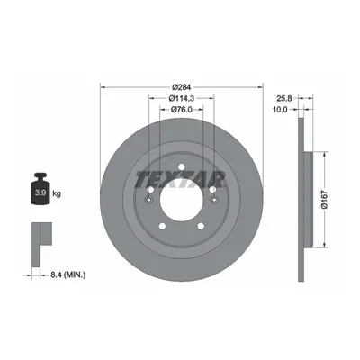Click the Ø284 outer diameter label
[182, 87]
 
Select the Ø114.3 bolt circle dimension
[182, 98]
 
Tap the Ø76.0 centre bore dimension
[182, 110]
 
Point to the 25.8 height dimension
[282, 98]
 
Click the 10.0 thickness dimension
[280, 110]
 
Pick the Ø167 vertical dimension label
[326, 200]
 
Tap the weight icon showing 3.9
[40, 189]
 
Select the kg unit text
[57, 193]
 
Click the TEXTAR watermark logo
[181, 179]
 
